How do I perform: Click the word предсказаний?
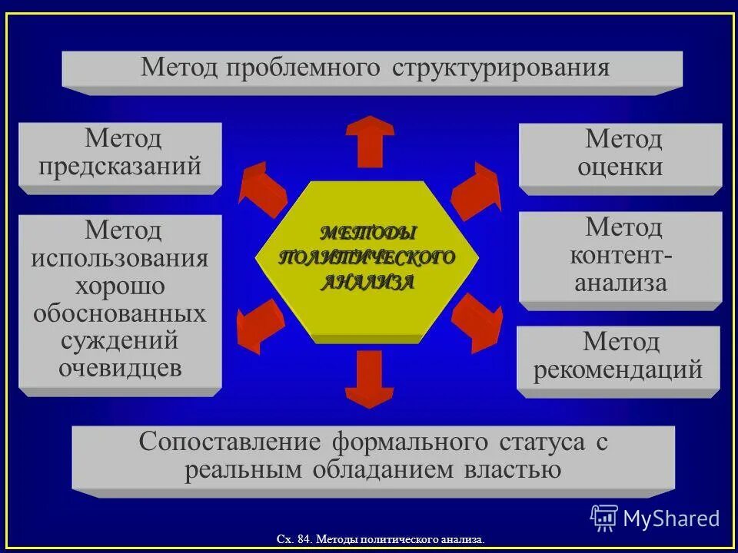point(121,166)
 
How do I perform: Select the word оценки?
point(620,167)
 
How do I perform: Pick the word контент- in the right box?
point(621,255)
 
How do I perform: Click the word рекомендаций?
point(618,369)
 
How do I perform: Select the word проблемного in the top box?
point(303,68)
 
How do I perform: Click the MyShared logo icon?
point(603,518)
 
